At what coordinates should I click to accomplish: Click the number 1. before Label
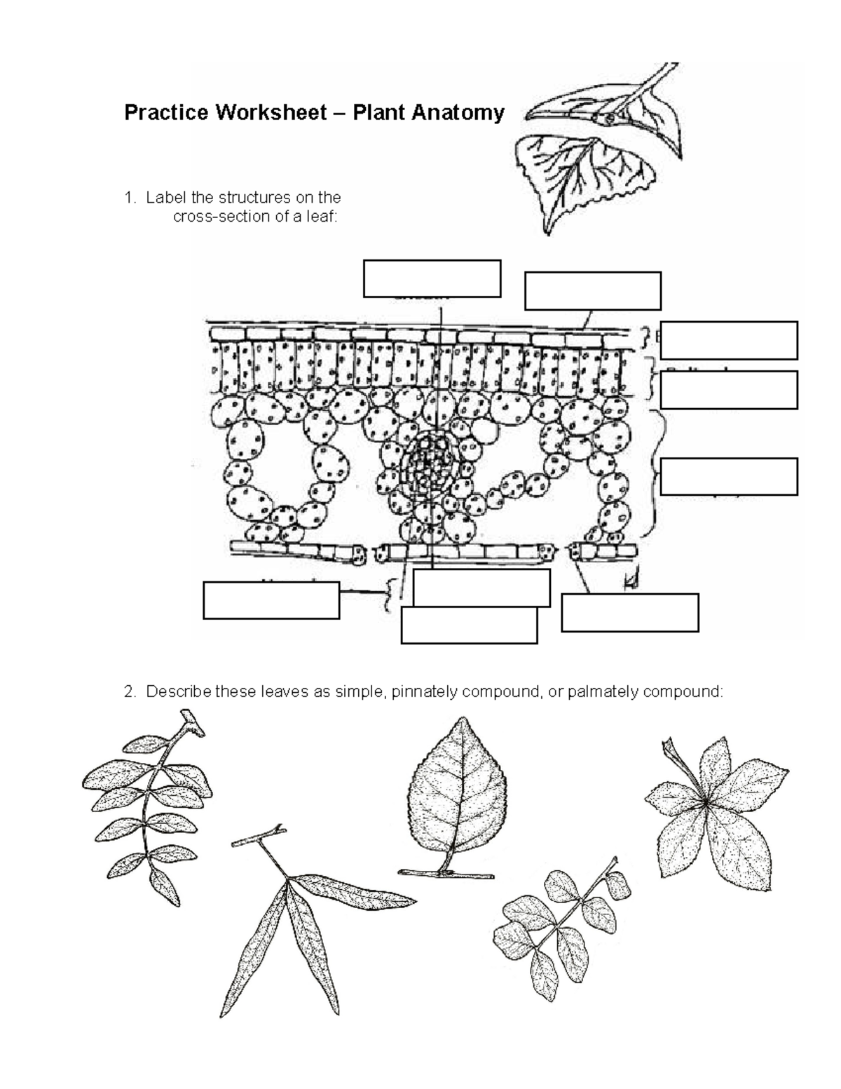(x=130, y=198)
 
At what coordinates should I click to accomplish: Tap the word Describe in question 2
(x=178, y=692)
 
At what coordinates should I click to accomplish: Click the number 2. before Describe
(x=130, y=692)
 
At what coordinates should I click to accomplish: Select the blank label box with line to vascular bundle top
(x=432, y=278)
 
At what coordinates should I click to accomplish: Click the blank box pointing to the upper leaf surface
(x=592, y=291)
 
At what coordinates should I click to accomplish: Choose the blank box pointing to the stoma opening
(x=629, y=612)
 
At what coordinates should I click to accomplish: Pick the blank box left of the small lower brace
(x=271, y=600)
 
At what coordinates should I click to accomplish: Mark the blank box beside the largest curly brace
(x=729, y=477)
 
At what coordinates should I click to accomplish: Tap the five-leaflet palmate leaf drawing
(x=715, y=806)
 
